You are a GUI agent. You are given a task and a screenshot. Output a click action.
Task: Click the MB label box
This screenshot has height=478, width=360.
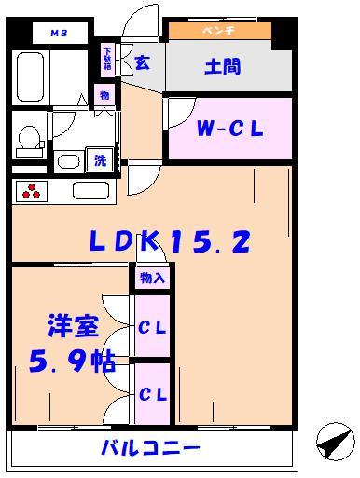point(60,34)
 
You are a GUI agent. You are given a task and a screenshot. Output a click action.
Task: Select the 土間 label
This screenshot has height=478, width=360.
point(223,67)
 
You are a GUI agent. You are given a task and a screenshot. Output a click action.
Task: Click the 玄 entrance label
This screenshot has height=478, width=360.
point(142,63)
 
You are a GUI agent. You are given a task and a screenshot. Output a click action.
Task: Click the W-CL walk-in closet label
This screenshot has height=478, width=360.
point(228,130)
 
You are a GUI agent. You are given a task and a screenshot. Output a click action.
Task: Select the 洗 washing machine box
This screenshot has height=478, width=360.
point(99,159)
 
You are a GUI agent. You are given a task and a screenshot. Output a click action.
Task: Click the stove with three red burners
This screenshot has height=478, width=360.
point(35,192)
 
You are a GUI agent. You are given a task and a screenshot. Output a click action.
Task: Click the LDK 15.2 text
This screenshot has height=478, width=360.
point(170,242)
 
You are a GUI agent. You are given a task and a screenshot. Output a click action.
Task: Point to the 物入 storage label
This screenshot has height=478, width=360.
point(152,278)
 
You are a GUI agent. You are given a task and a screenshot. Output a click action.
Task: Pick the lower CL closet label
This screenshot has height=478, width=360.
point(152,393)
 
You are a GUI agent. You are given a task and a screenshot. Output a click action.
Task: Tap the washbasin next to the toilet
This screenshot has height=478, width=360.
point(67,160)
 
